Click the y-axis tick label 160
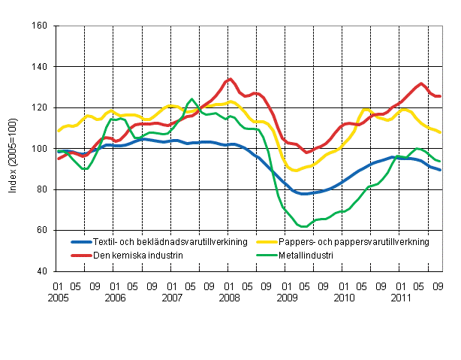pyautogui.click(x=40, y=26)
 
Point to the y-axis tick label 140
pyautogui.click(x=40, y=67)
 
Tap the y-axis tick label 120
pyautogui.click(x=40, y=107)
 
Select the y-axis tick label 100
pyautogui.click(x=40, y=149)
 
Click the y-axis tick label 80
pyautogui.click(x=42, y=189)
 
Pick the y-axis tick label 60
pyautogui.click(x=42, y=230)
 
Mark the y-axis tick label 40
pyautogui.click(x=42, y=271)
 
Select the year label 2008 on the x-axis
pyautogui.click(x=230, y=298)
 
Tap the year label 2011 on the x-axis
pyautogui.click(x=401, y=298)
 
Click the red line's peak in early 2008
pyautogui.click(x=230, y=79)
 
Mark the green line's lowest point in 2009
pyautogui.click(x=303, y=226)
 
